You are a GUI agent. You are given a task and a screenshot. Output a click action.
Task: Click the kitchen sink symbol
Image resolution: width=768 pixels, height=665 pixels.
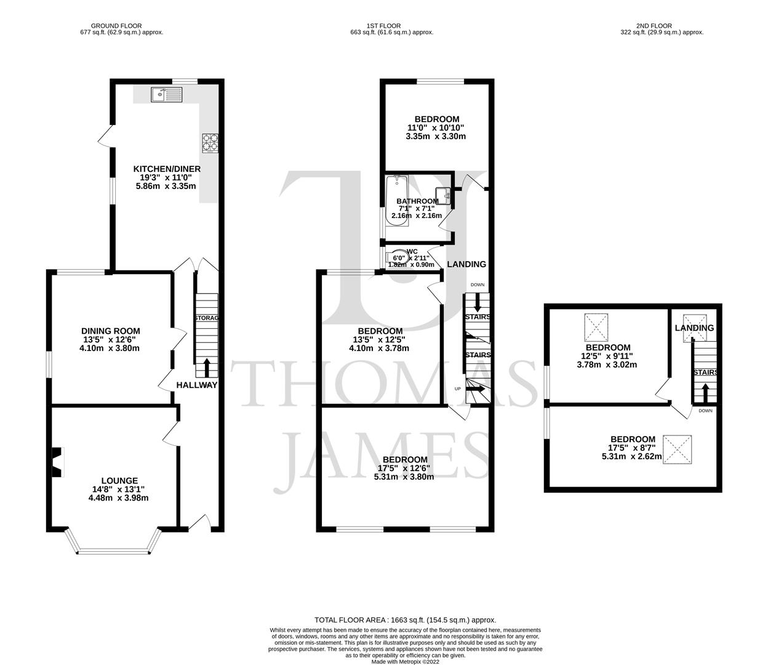click(166, 94)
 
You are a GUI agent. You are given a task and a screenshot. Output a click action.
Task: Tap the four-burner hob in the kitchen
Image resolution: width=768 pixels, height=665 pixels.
click(209, 142)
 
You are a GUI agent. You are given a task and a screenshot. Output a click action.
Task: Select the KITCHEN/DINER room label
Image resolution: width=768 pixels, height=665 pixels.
click(167, 169)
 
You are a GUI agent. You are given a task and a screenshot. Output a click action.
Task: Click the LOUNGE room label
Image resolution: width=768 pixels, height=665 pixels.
click(119, 481)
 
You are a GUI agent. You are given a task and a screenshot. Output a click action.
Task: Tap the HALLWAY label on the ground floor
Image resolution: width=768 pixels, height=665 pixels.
click(197, 385)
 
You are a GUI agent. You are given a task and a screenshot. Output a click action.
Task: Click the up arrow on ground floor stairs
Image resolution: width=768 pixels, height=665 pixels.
click(206, 367)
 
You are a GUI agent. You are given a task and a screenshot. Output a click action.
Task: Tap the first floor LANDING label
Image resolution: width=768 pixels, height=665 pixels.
click(466, 264)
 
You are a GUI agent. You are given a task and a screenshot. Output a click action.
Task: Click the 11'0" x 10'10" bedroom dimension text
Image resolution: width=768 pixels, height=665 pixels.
click(436, 127)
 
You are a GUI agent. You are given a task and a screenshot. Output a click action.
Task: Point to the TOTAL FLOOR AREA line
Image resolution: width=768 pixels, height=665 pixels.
click(405, 620)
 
